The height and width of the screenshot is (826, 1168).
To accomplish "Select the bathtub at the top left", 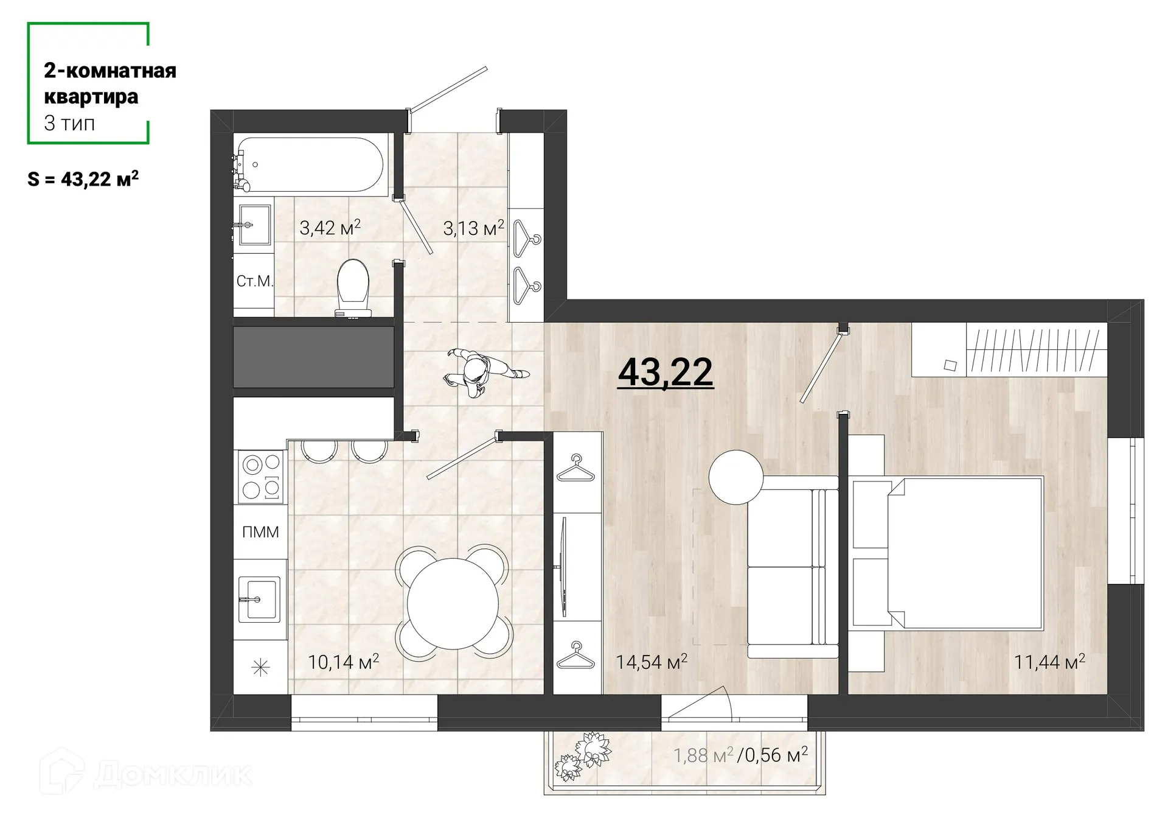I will [311, 164].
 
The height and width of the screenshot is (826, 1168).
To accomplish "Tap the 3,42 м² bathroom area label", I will [330, 228].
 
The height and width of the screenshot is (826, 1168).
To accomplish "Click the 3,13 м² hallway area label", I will [473, 228].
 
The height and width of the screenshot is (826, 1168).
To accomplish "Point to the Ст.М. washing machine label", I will [254, 281].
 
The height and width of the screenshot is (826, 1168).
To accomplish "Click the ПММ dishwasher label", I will [260, 532].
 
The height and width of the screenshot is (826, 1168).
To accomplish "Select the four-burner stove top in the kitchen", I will [261, 477].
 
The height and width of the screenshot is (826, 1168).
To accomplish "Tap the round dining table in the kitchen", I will [453, 603].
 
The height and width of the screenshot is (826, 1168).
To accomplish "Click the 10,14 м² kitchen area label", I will [343, 662].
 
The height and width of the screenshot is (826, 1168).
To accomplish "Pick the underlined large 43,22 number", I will [666, 372].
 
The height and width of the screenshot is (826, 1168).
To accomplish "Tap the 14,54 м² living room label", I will [651, 662].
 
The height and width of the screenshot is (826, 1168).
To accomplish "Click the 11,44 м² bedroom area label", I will [1049, 662].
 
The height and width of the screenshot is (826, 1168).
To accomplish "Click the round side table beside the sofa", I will [735, 477].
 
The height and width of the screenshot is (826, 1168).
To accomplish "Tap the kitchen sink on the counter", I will [259, 600].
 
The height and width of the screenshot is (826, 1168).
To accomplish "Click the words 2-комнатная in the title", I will [110, 71].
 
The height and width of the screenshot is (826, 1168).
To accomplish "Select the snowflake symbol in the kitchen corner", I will [260, 668].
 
